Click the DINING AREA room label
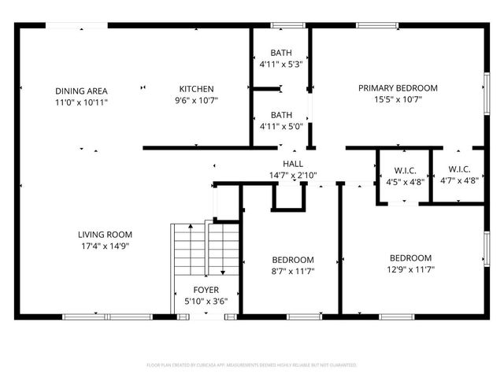coord(81,90)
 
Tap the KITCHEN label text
coord(196,88)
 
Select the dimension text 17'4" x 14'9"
coord(104,246)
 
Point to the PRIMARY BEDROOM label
coord(398,88)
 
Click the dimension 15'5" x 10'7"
coord(398,99)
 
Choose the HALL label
coord(293,164)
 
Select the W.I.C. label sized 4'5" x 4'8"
coord(405,170)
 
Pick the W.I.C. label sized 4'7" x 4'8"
coord(459,169)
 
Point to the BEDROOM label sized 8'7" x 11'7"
coord(293,260)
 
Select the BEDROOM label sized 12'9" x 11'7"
coord(410,258)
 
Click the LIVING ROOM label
coord(104,234)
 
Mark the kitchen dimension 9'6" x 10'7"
coord(196,100)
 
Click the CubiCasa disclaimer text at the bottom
coord(252,365)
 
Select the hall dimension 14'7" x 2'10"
coord(293,175)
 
